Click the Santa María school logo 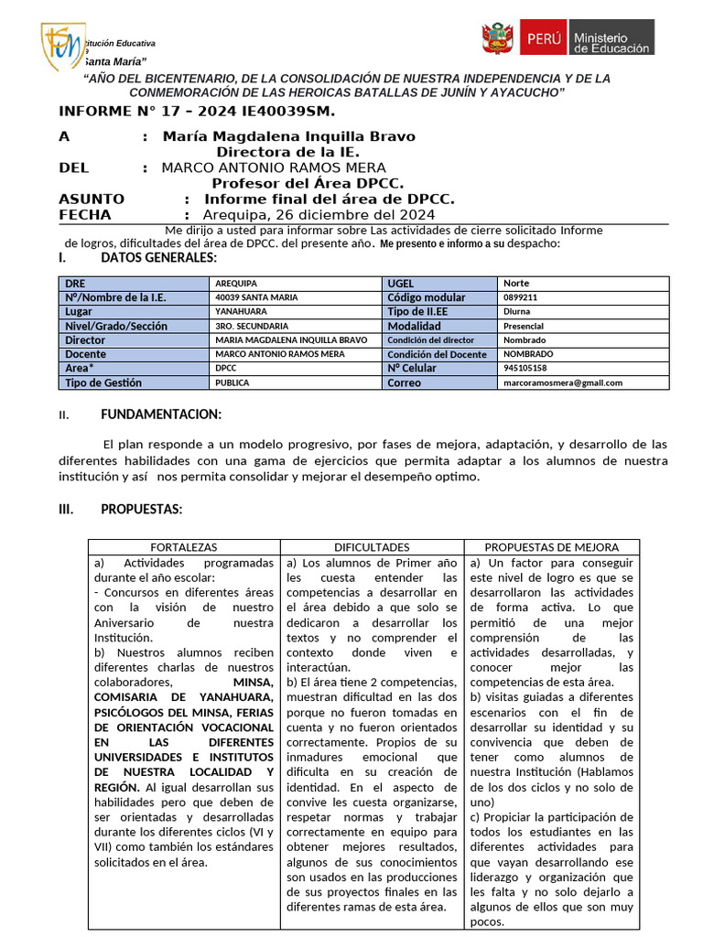(61, 46)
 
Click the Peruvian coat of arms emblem (498, 38)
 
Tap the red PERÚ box (543, 38)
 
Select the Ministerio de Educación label (611, 38)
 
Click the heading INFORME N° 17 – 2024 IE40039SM (197, 112)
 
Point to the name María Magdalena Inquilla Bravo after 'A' (288, 136)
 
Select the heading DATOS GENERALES (158, 258)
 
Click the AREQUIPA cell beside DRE (236, 284)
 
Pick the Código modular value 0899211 (521, 297)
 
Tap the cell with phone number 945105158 (525, 368)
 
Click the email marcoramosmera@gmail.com (563, 382)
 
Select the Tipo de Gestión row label (103, 382)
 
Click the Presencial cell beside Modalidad (524, 326)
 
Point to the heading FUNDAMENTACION (161, 415)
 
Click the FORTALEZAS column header (184, 547)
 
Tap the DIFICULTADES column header (372, 547)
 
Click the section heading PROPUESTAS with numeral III (141, 510)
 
